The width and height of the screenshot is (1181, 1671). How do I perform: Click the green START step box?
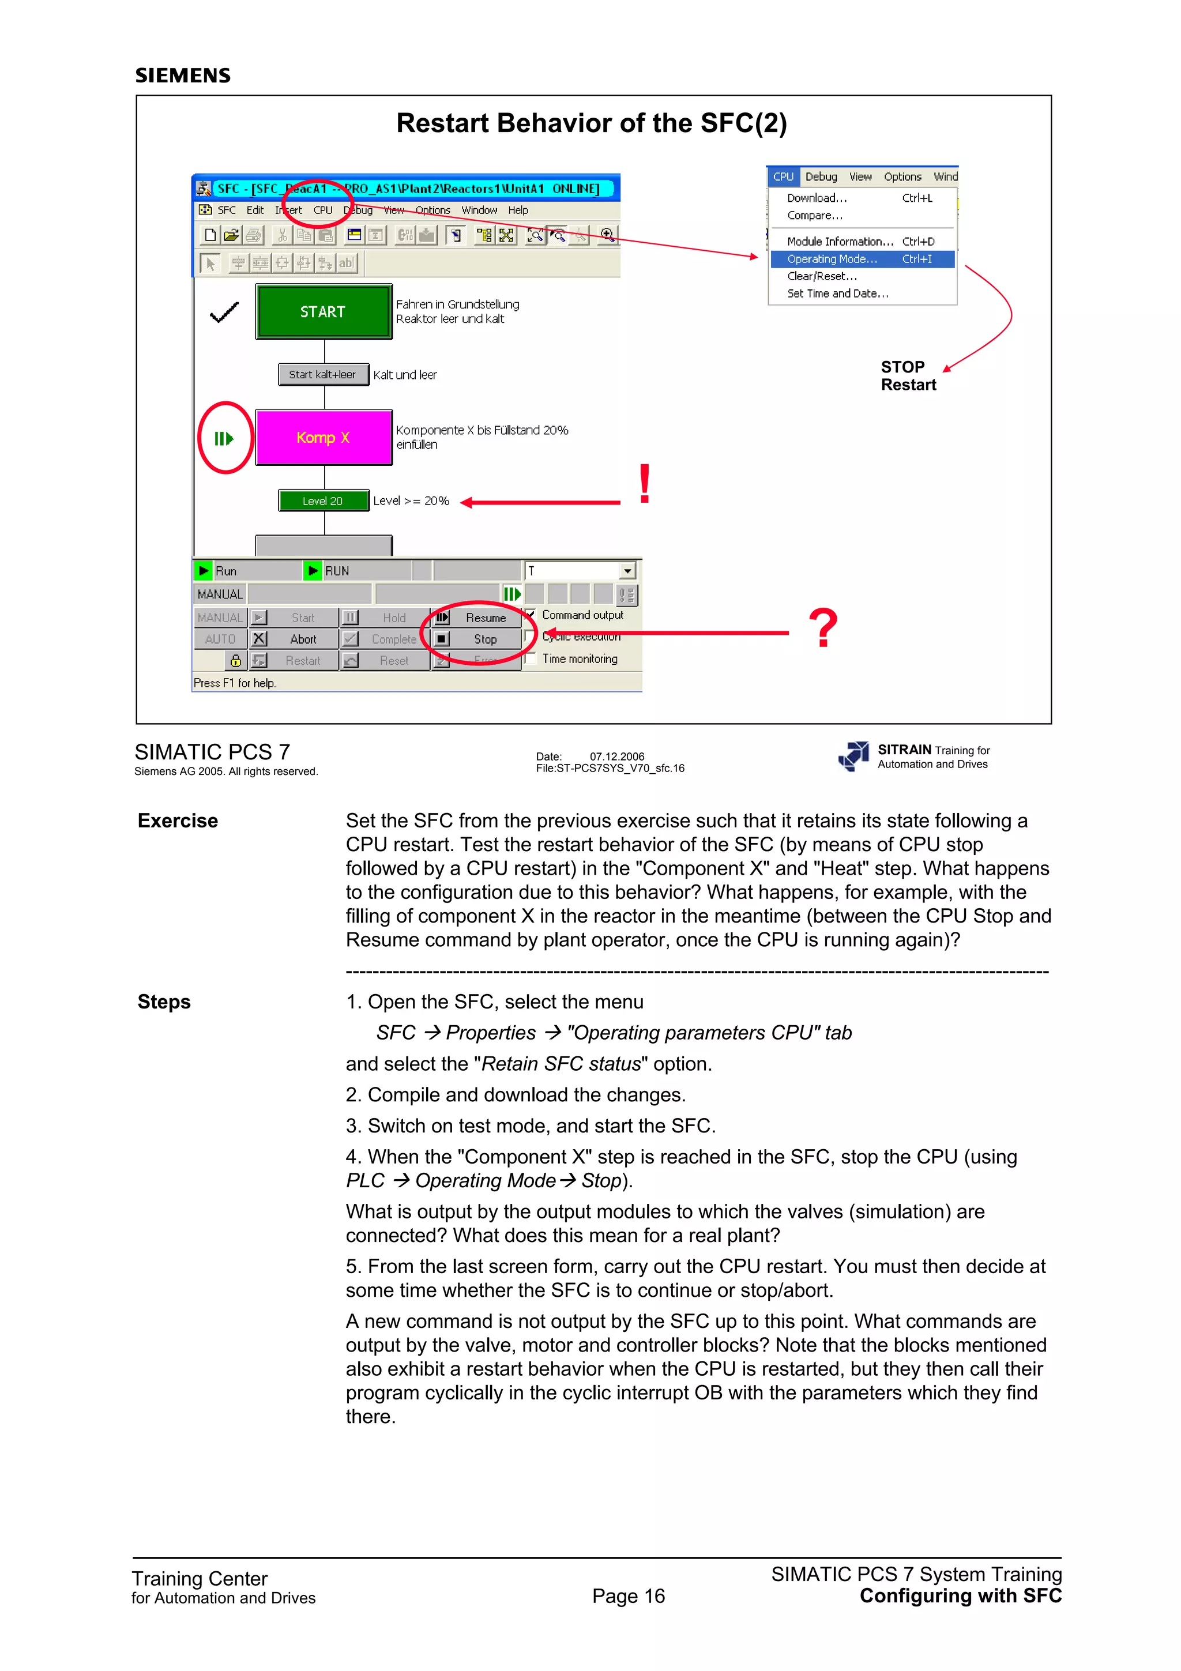coord(323,311)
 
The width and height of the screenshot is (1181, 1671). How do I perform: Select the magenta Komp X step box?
coord(323,438)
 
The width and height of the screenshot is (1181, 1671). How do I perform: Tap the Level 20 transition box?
coord(323,500)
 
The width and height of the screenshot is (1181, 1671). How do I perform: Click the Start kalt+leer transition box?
coord(323,375)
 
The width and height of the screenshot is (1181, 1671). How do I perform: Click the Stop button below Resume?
coord(477,639)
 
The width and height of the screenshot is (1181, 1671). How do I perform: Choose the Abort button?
coord(295,639)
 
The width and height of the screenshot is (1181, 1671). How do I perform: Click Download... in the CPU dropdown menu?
coord(817,198)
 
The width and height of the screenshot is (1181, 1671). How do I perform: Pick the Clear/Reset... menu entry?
coord(822,277)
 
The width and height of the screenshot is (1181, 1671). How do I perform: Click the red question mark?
coord(823,628)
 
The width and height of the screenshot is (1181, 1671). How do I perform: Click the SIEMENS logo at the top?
coord(183,76)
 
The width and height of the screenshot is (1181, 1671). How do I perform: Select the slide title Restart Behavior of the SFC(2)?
coord(591,123)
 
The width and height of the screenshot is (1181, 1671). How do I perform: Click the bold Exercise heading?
coord(178,821)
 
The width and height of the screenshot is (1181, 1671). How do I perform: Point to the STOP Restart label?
coord(908,375)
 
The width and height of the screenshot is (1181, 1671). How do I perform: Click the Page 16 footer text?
coord(628,1596)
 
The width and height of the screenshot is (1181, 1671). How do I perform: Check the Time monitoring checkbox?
coord(531,658)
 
